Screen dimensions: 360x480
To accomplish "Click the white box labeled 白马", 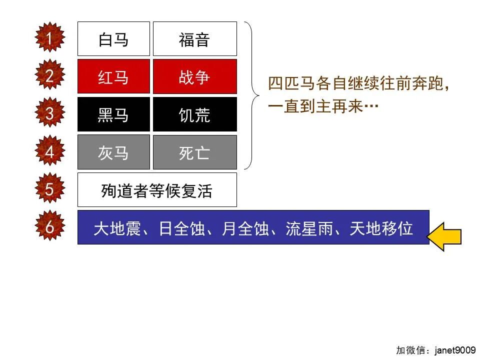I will (113, 39).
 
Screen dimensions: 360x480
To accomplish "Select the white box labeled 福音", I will (194, 39).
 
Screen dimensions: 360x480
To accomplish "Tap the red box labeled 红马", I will (113, 77).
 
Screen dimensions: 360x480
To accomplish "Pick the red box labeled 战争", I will (194, 77).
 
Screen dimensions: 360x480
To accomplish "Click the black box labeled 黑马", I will (113, 114).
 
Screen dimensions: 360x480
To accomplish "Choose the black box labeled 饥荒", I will (194, 114).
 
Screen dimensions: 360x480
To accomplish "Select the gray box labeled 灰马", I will (113, 152).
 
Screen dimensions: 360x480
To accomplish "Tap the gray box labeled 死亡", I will (194, 152).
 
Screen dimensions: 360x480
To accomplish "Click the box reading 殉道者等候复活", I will (157, 190).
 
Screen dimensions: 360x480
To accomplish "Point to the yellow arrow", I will (446, 236).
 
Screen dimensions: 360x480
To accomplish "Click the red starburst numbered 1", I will (49, 38).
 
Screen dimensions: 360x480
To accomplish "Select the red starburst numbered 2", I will (49, 76).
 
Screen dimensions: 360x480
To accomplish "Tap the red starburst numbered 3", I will (49, 113).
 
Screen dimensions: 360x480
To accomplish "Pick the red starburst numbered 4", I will (49, 151).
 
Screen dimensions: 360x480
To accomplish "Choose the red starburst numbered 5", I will (49, 189).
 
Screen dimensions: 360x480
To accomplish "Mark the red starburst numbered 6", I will (49, 227).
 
